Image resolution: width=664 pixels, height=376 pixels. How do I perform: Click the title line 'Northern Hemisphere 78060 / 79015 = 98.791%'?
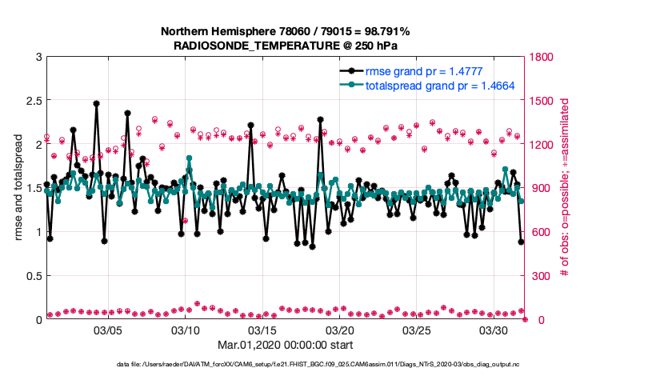pyautogui.click(x=286, y=31)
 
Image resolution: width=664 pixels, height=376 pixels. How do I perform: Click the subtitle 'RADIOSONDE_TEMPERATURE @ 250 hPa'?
pyautogui.click(x=286, y=46)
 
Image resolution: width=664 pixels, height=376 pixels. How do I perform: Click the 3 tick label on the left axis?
pyautogui.click(x=38, y=57)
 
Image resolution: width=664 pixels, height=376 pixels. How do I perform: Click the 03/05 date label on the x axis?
pyautogui.click(x=108, y=330)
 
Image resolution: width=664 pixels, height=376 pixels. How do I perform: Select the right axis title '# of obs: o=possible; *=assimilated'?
pyautogui.click(x=564, y=188)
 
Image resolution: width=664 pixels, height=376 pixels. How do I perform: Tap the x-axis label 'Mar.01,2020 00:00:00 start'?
pyautogui.click(x=286, y=346)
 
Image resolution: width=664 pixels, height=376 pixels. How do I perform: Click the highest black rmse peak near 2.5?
pyautogui.click(x=96, y=103)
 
